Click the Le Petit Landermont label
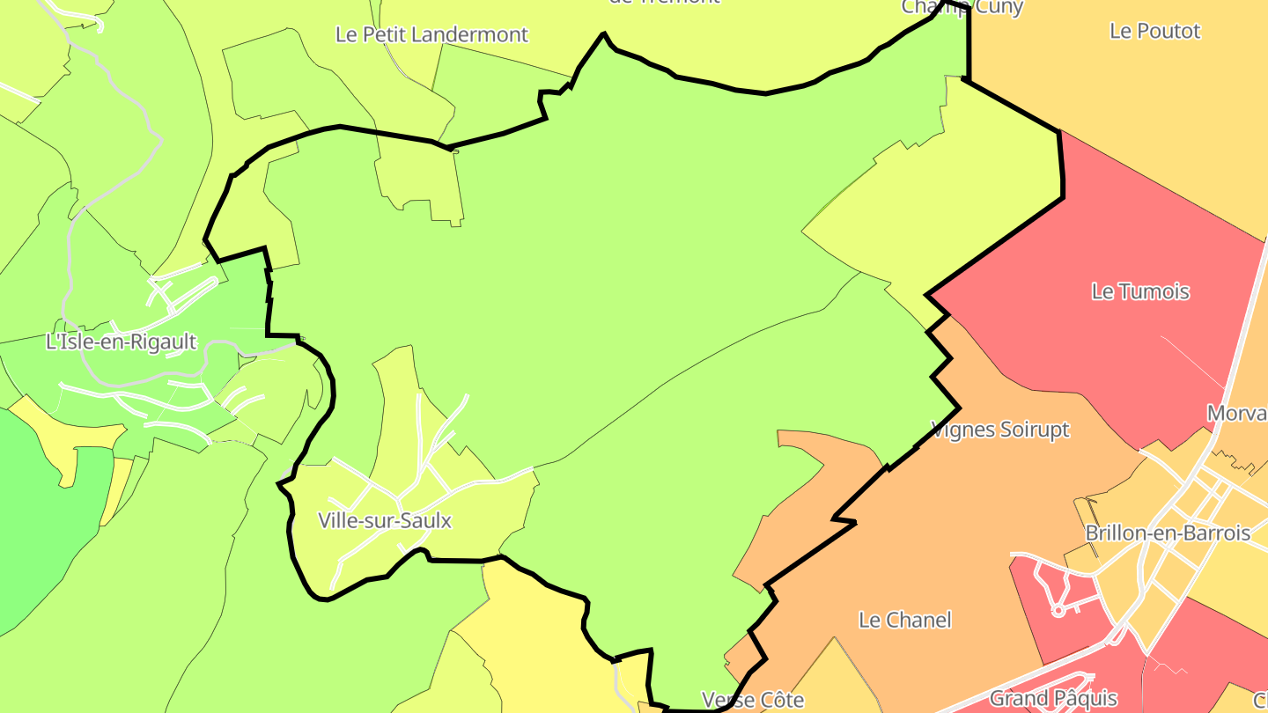pyautogui.click(x=431, y=34)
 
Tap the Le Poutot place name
pyautogui.click(x=1154, y=31)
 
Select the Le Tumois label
pyautogui.click(x=1139, y=291)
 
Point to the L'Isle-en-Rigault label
pyautogui.click(x=121, y=342)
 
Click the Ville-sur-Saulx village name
pyautogui.click(x=385, y=520)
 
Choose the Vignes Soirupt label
pyautogui.click(x=999, y=430)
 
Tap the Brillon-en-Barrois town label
pyautogui.click(x=1167, y=533)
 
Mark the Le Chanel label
pyautogui.click(x=904, y=620)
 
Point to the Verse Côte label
pyautogui.click(x=752, y=700)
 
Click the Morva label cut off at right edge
pyautogui.click(x=1236, y=414)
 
